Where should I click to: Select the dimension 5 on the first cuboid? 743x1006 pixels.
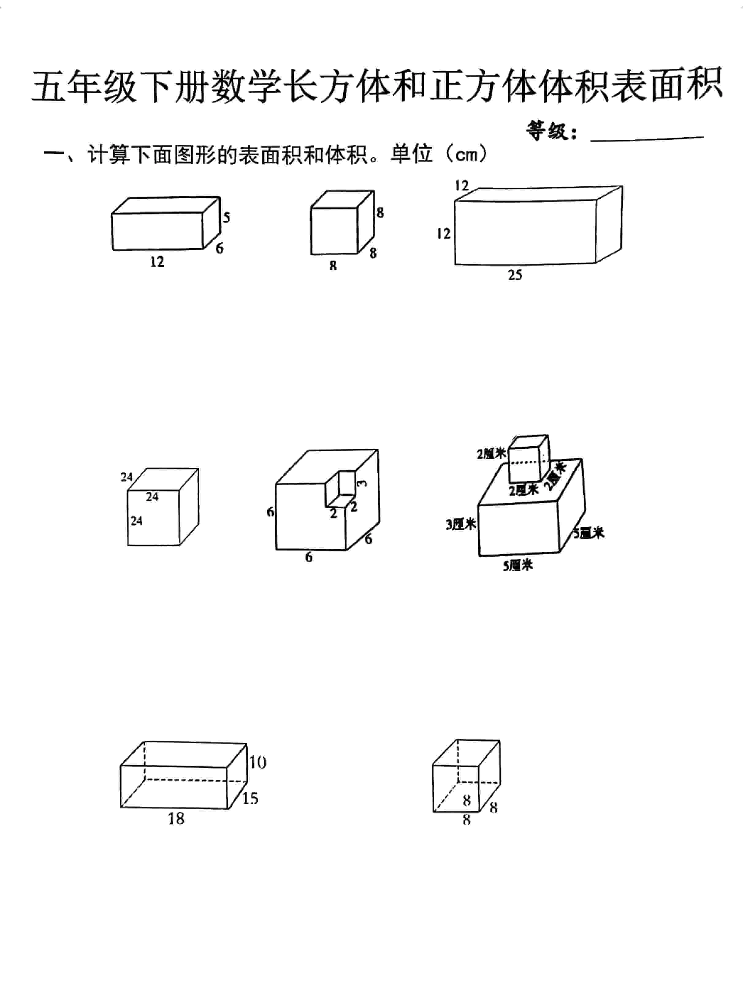coord(226,218)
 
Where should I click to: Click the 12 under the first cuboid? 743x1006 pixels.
coord(158,262)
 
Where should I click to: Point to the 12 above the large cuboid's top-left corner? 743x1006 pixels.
coord(461,185)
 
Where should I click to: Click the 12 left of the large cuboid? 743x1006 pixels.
coord(443,233)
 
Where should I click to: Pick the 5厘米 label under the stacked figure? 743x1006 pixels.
coord(517,565)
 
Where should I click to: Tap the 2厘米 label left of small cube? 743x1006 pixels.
coord(491,454)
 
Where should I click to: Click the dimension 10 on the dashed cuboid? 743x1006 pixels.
coord(258,762)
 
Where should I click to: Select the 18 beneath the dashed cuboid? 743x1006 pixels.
coord(176,818)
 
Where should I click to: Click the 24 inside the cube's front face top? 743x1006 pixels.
coord(152,497)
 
